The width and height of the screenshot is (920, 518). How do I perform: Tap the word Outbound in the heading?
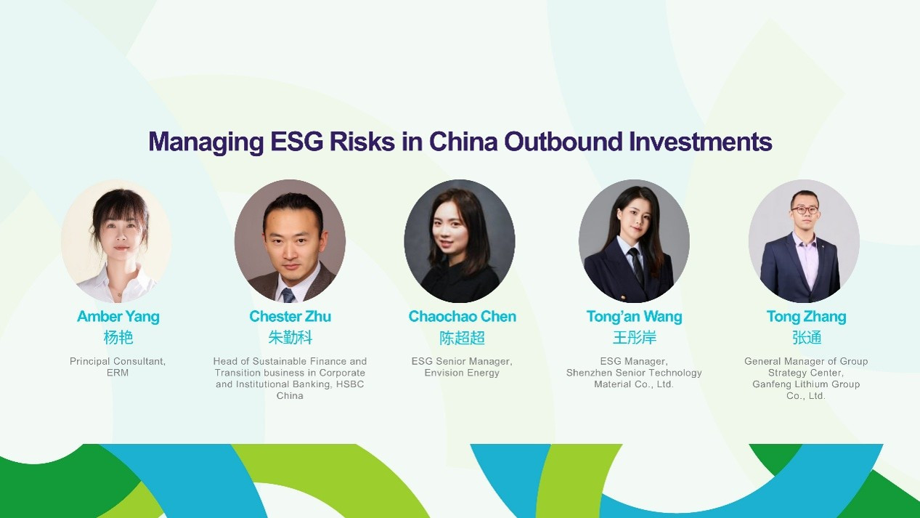click(563, 142)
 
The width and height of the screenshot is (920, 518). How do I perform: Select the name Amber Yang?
click(118, 317)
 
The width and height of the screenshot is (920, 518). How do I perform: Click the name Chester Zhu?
click(290, 316)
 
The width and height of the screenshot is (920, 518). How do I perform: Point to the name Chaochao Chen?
click(462, 316)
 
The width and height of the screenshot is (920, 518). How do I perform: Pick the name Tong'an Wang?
click(634, 317)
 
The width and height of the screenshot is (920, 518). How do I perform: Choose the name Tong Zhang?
click(806, 317)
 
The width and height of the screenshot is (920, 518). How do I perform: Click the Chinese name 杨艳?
click(118, 338)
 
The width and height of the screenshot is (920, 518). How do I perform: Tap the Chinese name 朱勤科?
click(290, 338)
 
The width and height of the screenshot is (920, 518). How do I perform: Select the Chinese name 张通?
click(807, 338)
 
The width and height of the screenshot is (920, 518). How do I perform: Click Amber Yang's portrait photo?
click(117, 241)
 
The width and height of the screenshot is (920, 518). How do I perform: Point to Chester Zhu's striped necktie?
click(288, 295)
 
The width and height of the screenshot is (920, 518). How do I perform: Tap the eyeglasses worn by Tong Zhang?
click(805, 210)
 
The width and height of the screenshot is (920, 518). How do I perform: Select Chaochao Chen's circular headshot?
click(460, 241)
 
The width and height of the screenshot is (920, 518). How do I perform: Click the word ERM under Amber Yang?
click(118, 373)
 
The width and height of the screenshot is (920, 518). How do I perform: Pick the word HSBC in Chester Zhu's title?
click(350, 384)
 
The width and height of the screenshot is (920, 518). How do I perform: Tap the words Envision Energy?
click(462, 373)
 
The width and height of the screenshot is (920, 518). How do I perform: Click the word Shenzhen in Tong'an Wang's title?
click(586, 373)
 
